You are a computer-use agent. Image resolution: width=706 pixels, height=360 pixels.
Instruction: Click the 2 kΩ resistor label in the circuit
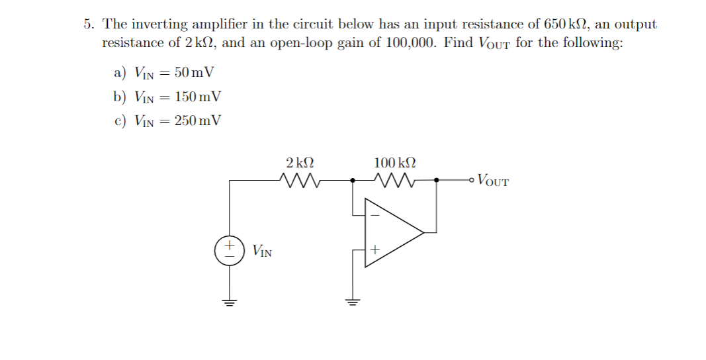tap(300, 163)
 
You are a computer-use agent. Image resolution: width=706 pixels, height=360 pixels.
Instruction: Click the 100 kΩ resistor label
tap(395, 163)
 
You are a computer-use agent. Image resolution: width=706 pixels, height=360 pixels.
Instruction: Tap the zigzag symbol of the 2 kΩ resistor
tap(300, 179)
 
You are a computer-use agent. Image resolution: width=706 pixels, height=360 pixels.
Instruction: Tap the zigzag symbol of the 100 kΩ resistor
tap(395, 179)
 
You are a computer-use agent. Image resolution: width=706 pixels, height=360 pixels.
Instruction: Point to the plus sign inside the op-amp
tap(374, 250)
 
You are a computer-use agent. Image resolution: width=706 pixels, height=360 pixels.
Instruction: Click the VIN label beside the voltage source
tap(262, 251)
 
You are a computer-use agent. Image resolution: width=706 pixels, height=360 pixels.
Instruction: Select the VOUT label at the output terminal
tap(493, 179)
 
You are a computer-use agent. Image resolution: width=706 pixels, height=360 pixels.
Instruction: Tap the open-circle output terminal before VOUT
tap(470, 179)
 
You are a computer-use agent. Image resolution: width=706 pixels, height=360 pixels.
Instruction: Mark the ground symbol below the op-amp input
tap(352, 302)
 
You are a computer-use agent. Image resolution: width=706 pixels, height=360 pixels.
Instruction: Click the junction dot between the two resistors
tap(352, 179)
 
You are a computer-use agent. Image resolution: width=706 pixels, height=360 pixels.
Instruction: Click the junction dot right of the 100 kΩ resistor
tap(436, 179)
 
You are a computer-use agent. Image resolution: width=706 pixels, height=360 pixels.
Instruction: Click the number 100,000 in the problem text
tap(410, 43)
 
